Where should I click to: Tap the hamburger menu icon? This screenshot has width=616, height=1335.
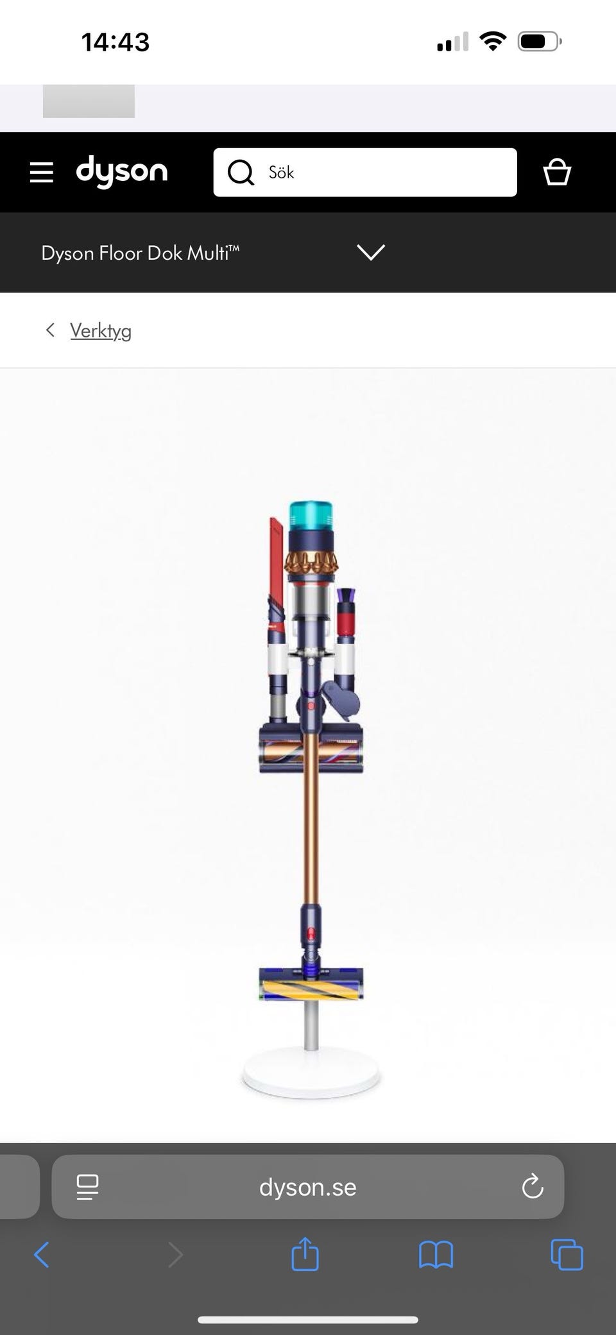coord(42,173)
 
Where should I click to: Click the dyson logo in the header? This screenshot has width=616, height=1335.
coord(122,171)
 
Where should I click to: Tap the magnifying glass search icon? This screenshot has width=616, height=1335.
coord(241,172)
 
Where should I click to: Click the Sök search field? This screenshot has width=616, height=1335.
coord(364,172)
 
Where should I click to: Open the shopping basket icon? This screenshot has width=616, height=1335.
coord(557,172)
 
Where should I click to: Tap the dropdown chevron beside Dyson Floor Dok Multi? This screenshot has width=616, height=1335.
coord(371,252)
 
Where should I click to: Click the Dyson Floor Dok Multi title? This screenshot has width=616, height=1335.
coord(140,253)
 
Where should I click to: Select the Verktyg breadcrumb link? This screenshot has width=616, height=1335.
coord(101,331)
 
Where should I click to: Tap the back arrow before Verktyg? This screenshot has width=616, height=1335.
coord(50,330)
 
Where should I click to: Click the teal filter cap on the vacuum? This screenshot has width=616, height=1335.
coord(311,516)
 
